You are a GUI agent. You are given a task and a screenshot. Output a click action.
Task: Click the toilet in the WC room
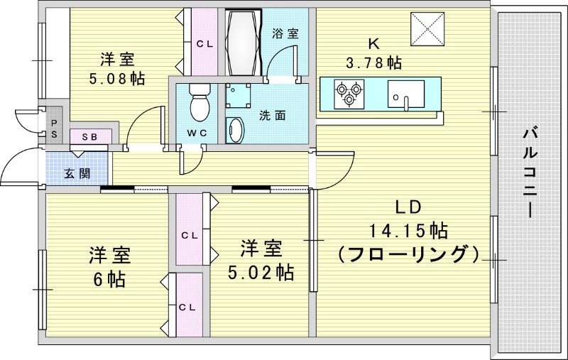tap(198, 104)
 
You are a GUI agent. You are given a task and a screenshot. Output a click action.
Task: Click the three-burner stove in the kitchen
tap(347, 93)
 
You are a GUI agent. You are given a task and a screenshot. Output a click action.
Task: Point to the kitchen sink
tap(405, 93)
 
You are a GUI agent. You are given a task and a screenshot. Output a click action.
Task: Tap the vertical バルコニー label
tap(528, 172)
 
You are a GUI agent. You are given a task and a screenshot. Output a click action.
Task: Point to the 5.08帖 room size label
tap(117, 79)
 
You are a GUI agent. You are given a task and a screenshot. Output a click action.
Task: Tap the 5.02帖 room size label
tap(261, 271)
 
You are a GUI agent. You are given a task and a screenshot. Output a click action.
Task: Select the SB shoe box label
tap(90, 136)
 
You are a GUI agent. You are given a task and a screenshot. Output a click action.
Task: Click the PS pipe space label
tap(55, 128)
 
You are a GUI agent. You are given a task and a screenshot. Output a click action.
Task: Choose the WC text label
tap(197, 133)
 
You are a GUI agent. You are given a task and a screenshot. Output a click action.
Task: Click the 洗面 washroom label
tap(272, 114)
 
